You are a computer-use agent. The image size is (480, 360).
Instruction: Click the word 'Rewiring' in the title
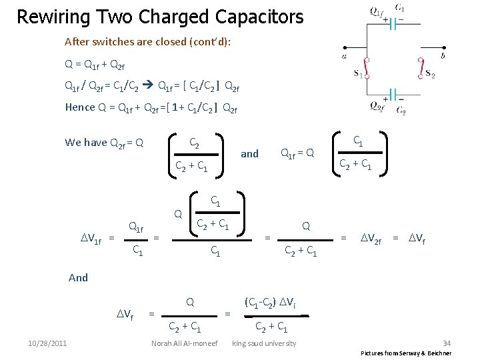click(51, 16)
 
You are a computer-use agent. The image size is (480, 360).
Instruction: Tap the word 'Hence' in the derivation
click(79, 107)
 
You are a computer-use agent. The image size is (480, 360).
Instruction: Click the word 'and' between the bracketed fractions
click(249, 153)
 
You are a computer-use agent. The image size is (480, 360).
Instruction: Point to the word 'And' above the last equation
click(78, 277)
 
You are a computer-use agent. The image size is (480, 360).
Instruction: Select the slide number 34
click(447, 343)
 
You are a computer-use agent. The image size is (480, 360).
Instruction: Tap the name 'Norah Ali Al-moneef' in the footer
click(185, 343)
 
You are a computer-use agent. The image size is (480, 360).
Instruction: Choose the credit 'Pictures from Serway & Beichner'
click(406, 353)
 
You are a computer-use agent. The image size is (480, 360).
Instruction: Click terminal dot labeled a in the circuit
click(345, 47)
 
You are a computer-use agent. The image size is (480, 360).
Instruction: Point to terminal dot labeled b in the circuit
click(443, 47)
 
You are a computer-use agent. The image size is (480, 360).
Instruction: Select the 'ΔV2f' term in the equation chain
click(371, 237)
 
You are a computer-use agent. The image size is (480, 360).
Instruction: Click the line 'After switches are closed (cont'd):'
click(147, 41)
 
